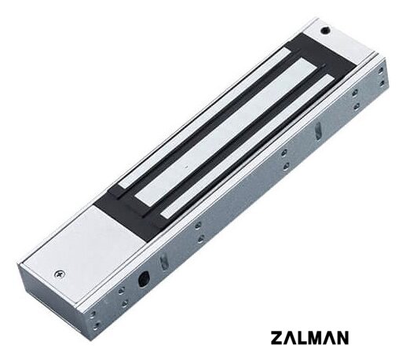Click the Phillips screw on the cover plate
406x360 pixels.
[60, 274]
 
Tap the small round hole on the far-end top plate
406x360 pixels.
[325, 31]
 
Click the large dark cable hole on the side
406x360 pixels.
[144, 279]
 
